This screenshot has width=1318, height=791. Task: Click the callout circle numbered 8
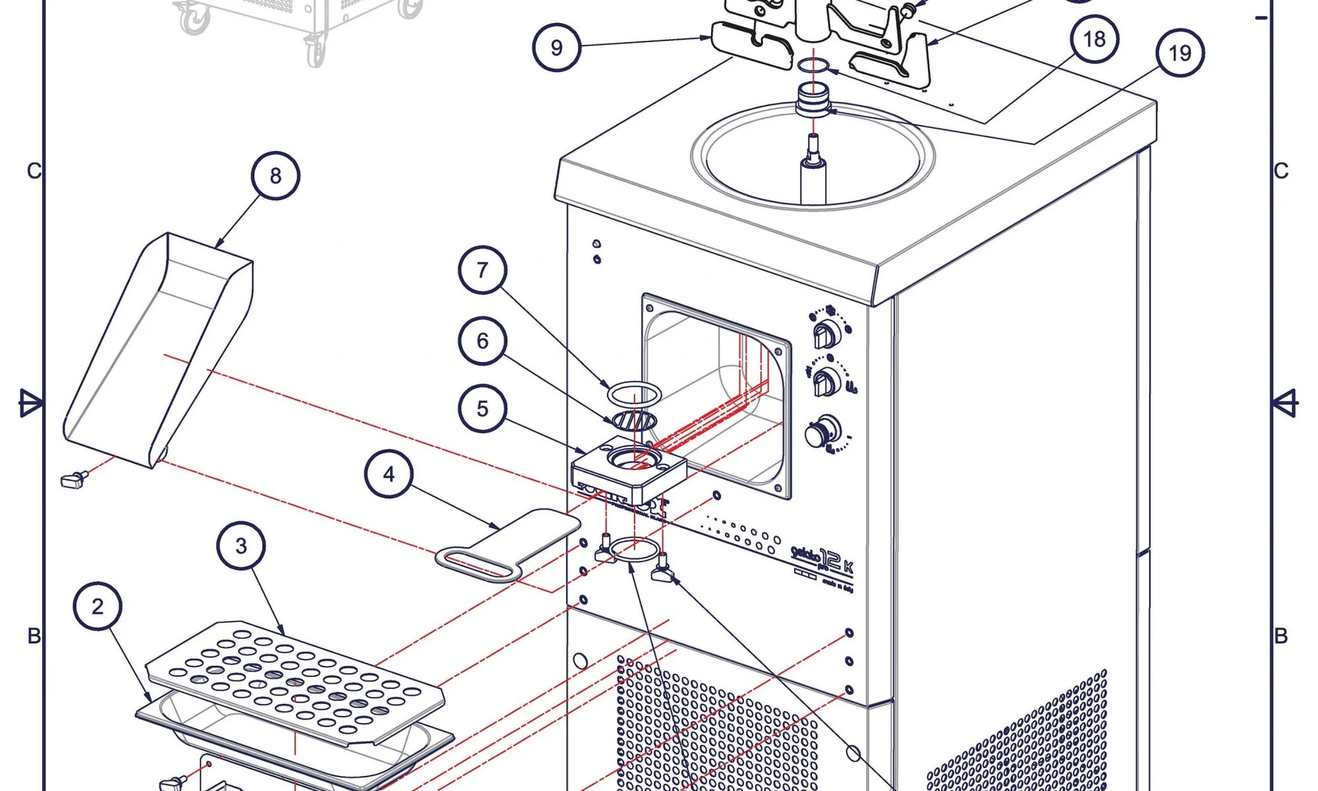275,176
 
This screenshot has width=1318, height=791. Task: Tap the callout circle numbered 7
482,270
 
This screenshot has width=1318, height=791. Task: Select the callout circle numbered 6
482,341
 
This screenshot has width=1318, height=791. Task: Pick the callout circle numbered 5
482,409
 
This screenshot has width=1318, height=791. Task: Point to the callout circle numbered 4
389,474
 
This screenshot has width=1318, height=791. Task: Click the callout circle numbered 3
241,546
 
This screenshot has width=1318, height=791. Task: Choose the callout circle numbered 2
98,606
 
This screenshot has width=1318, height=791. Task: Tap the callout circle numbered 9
557,47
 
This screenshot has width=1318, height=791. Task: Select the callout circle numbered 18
1095,39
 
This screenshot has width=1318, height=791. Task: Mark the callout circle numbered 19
1180,53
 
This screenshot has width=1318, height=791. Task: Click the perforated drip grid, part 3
293,682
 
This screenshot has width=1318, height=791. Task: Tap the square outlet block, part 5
629,469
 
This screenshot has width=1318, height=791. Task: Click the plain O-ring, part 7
633,395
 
